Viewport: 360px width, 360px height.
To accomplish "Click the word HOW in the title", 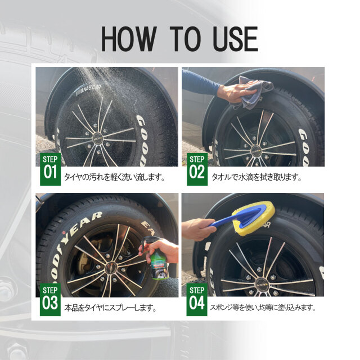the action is (x=129, y=39).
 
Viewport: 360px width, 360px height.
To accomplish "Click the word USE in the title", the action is (x=235, y=39).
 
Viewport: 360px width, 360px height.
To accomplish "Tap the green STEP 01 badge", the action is (x=50, y=169).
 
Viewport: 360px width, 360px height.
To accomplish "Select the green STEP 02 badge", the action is (x=197, y=169).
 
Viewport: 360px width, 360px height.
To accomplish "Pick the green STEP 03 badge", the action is (x=50, y=300).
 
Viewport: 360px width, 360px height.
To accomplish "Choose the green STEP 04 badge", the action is (x=197, y=300).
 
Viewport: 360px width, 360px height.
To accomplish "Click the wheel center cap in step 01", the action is (x=98, y=138).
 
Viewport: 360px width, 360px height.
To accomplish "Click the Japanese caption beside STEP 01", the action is (x=114, y=177).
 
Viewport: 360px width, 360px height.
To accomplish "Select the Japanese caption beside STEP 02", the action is (x=256, y=177).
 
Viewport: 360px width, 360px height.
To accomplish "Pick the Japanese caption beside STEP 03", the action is (x=110, y=308).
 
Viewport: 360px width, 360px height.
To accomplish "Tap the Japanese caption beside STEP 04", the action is (x=263, y=308).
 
